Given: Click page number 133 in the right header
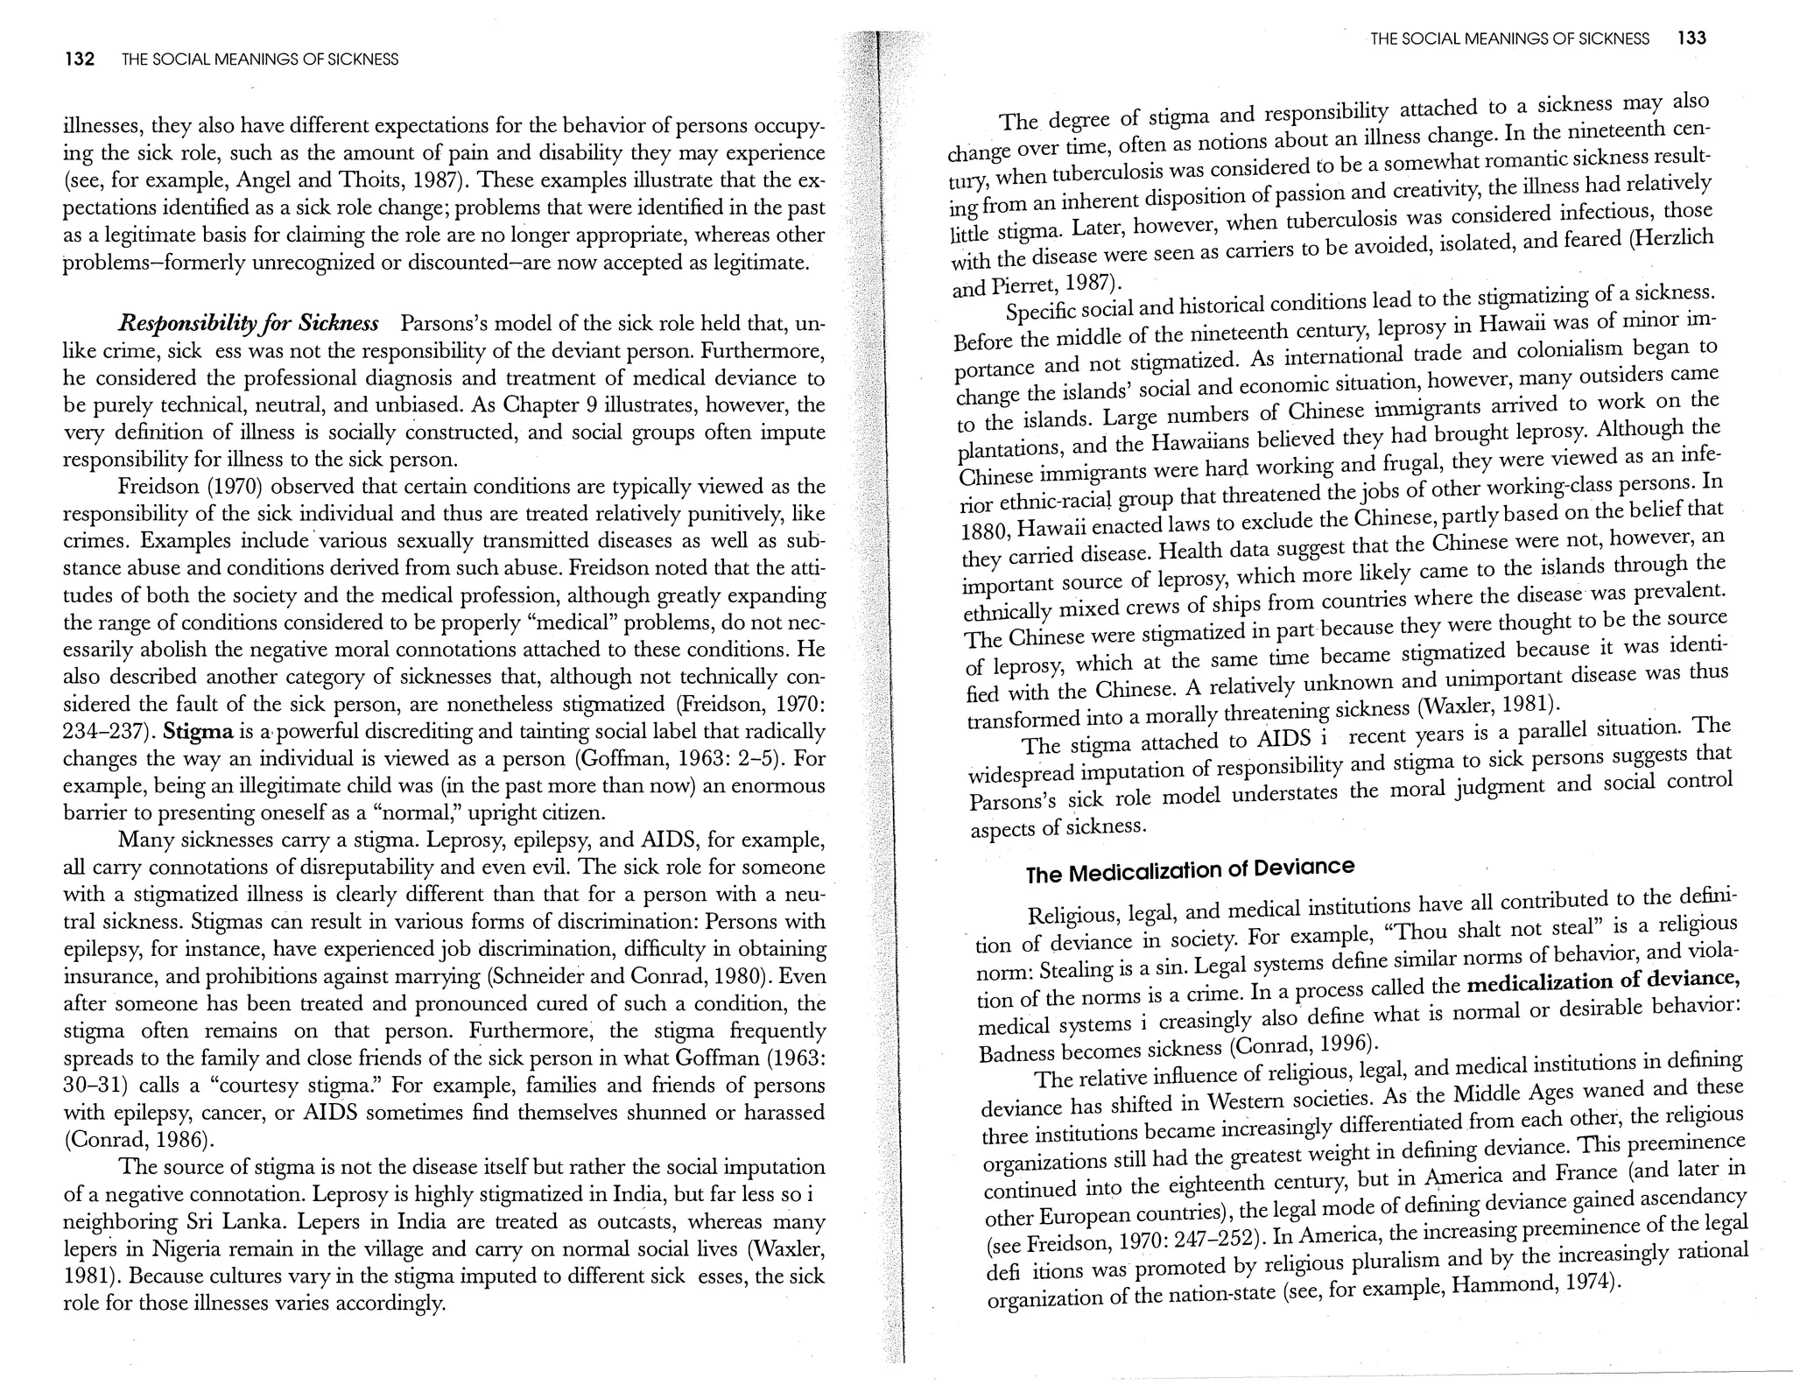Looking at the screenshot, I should point(1691,39).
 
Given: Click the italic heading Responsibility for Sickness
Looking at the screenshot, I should point(249,324).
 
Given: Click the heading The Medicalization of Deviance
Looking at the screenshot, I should point(1190,870).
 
